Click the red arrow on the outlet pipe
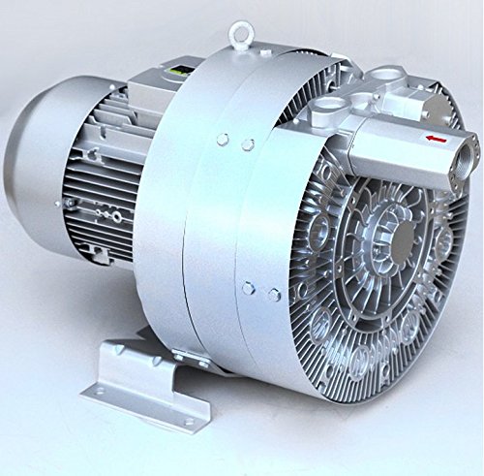(439, 140)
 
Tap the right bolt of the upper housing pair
(249, 144)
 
